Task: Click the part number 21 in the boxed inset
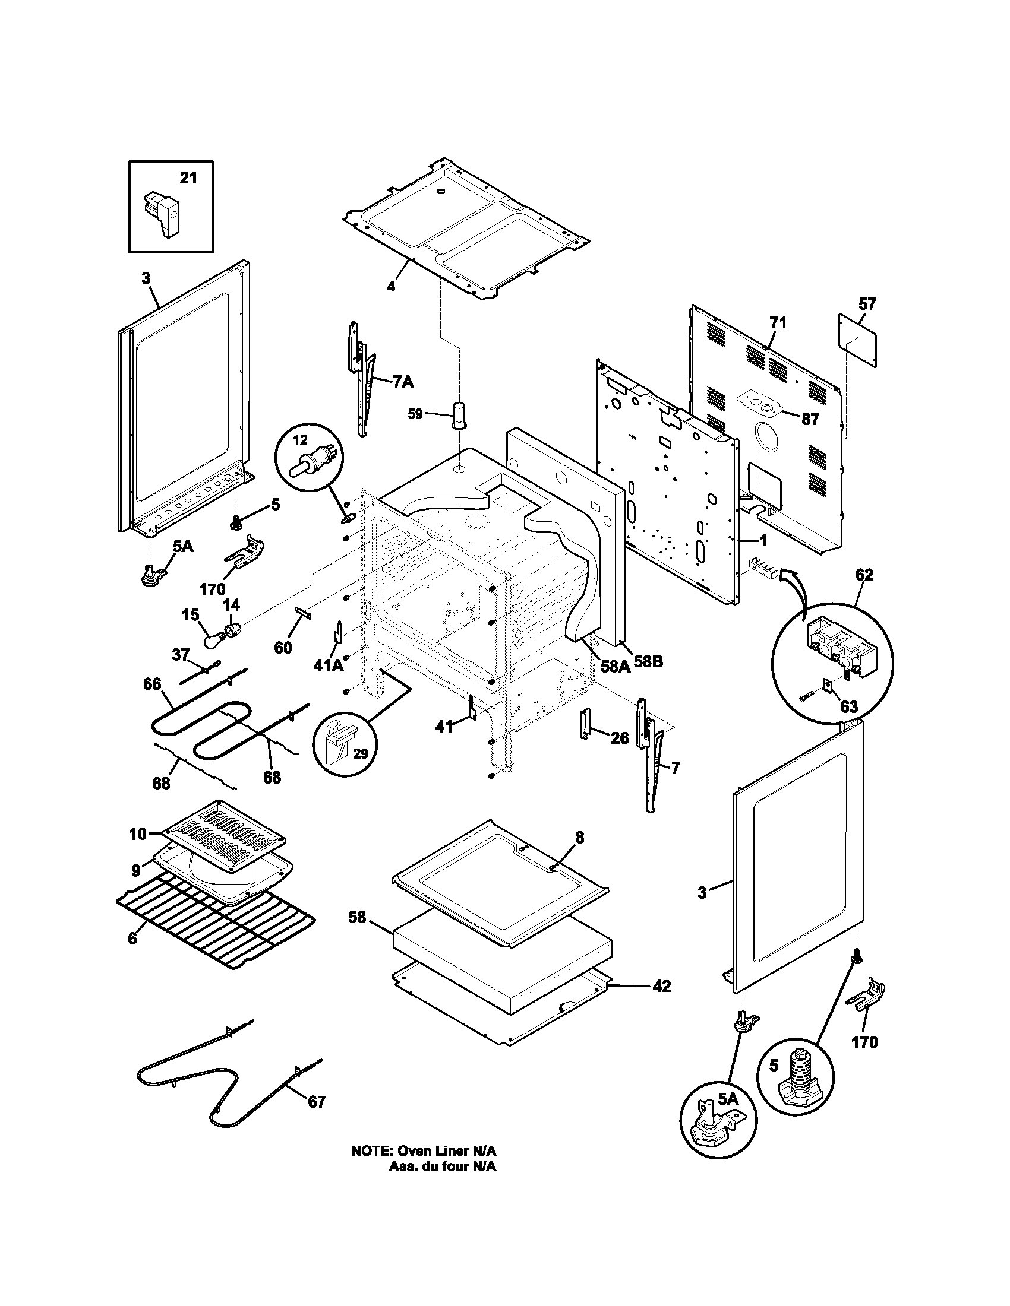188,178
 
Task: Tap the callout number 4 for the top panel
391,287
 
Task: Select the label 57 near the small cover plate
867,304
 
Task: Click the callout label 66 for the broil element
153,683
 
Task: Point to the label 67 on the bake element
317,1101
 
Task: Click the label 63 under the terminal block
848,707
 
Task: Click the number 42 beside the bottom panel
661,986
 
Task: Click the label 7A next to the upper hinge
403,382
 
